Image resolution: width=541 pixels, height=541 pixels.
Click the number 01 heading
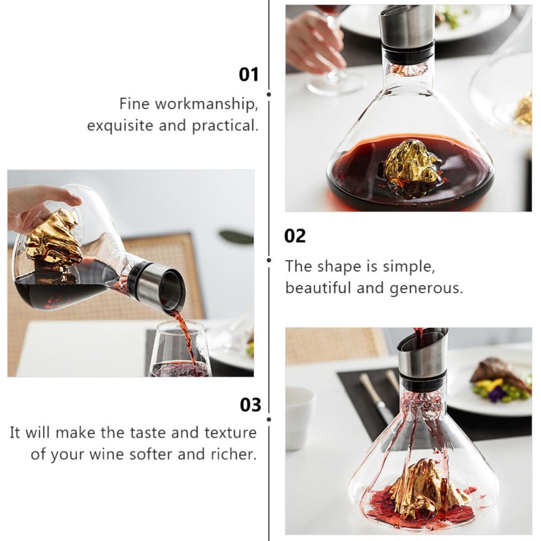coord(249,75)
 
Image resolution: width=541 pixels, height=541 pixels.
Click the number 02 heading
coord(295,236)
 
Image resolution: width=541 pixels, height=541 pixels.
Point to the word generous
coord(426,288)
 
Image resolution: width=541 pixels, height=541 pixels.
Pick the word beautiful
coord(318,287)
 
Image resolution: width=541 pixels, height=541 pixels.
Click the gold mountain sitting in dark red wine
coord(411,165)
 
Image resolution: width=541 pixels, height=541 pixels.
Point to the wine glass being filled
coord(180,349)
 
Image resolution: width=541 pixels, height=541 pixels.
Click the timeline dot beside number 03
coord(269,420)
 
